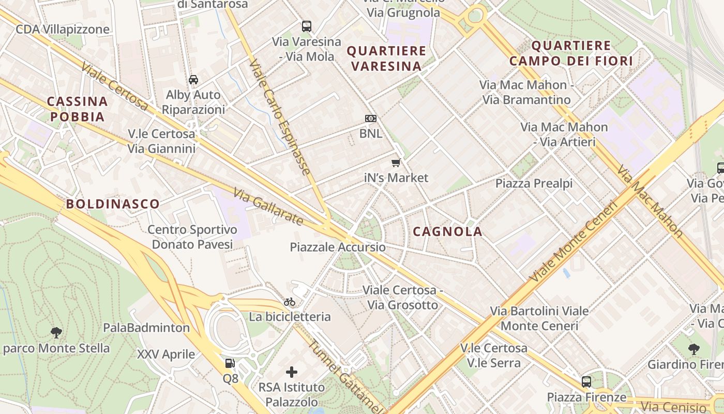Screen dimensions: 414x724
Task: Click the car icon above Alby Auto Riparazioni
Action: pyautogui.click(x=193, y=80)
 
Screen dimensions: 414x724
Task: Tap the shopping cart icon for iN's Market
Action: pyautogui.click(x=396, y=163)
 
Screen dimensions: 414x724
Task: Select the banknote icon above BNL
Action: pyautogui.click(x=371, y=119)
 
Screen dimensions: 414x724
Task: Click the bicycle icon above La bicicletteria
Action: pyautogui.click(x=290, y=302)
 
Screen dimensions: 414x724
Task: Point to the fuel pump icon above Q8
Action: pyautogui.click(x=230, y=364)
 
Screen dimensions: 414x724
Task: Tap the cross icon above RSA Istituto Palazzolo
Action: pyautogui.click(x=292, y=372)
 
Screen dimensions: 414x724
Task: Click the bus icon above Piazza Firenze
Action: pyautogui.click(x=586, y=382)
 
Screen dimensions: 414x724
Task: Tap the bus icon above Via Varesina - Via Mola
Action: pyautogui.click(x=307, y=26)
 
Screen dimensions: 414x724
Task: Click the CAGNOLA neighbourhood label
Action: pyautogui.click(x=447, y=231)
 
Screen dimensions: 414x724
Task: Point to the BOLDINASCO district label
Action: pyautogui.click(x=113, y=204)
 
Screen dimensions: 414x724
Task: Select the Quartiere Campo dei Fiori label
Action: pyautogui.click(x=571, y=53)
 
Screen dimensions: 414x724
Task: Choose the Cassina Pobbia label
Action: pyautogui.click(x=78, y=109)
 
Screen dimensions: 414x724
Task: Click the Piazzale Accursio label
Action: pyautogui.click(x=338, y=247)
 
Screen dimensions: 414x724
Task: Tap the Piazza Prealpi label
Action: pyautogui.click(x=534, y=183)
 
